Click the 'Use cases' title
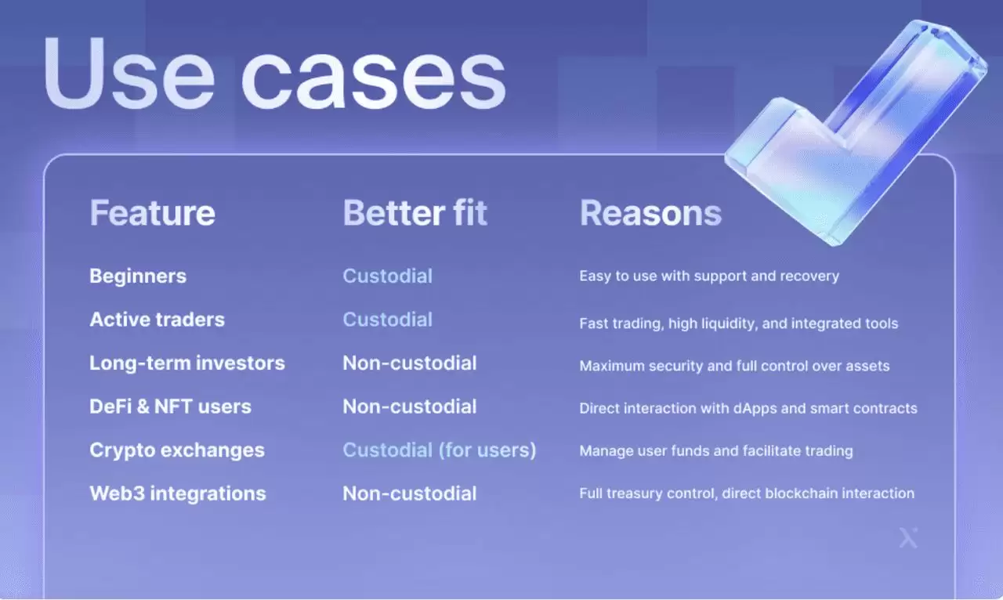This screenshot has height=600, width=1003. coord(274,74)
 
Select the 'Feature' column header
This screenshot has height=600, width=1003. coord(152,213)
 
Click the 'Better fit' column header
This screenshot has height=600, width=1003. coord(415,213)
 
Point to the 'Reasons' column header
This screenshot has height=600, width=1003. coord(650,213)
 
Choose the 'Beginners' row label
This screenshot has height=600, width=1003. coord(138,277)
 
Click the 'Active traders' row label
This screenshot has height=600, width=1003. coord(158,320)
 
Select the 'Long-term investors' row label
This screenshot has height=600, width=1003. coord(187,363)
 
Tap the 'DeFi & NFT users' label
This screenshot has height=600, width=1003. coord(170,407)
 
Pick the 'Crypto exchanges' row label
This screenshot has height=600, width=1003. coord(177,450)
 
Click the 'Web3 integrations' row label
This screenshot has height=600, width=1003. coord(178,493)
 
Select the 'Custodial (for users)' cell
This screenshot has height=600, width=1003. coord(440,450)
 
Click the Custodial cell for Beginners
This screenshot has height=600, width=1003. coord(387,277)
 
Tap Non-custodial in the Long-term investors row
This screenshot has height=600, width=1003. coord(410,363)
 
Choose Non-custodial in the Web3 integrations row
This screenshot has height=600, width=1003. coord(410,493)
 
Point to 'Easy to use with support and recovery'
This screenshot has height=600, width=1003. coord(709,277)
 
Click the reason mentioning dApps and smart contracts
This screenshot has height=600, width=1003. coord(748,408)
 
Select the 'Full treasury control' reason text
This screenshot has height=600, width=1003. coord(747,493)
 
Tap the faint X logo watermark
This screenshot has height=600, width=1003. coord(908,538)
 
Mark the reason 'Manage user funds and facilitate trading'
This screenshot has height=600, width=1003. coord(716,451)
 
